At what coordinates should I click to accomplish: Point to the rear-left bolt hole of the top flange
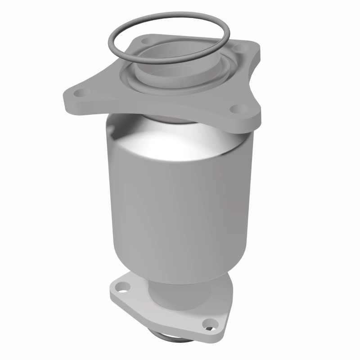tap(145, 41)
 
